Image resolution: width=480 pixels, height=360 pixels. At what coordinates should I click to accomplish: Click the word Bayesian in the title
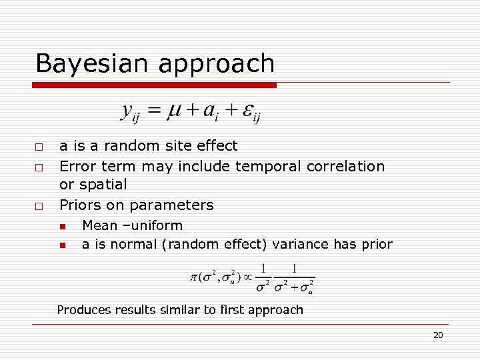[x=93, y=64]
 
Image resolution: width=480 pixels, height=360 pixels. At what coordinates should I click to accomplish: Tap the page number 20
[x=438, y=335]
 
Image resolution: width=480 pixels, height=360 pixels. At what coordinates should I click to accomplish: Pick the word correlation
[x=345, y=166]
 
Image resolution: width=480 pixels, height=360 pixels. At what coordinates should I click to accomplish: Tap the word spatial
[x=103, y=184]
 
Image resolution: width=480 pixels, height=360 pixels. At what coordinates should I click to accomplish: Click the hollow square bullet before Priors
[x=39, y=205]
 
